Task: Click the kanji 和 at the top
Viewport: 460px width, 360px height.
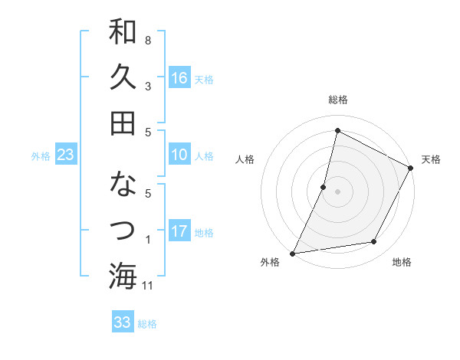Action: (x=123, y=33)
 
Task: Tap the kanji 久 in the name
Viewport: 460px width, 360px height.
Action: (x=123, y=77)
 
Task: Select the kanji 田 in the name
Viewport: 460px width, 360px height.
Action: (x=123, y=123)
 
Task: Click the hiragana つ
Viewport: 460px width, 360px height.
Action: (x=123, y=229)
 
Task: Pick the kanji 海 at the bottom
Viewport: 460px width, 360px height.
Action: (x=123, y=275)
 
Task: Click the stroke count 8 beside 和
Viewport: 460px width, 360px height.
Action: (x=148, y=40)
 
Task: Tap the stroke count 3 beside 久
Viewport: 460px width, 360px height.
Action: (x=148, y=87)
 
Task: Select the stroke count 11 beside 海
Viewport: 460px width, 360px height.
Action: (x=149, y=286)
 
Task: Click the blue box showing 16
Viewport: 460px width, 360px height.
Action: (x=179, y=77)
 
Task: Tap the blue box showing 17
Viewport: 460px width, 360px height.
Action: (x=179, y=231)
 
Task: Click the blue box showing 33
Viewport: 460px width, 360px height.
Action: (x=122, y=322)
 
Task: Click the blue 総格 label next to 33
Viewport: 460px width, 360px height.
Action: (x=147, y=324)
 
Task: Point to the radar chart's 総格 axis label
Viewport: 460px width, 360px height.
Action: (x=337, y=100)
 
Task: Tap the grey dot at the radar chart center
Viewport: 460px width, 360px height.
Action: (x=337, y=191)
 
